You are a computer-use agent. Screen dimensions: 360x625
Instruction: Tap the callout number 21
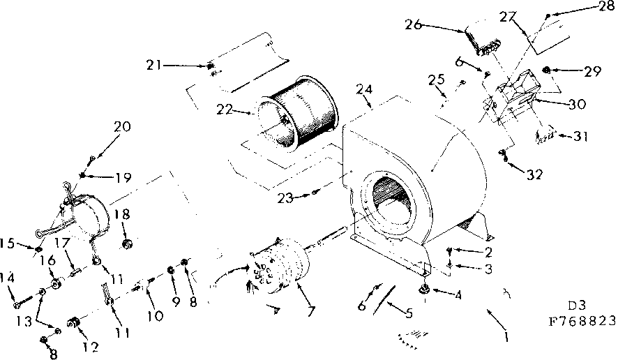tap(155, 66)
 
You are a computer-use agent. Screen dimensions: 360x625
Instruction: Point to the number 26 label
tap(414, 26)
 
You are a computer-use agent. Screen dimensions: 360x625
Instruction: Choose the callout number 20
tap(122, 127)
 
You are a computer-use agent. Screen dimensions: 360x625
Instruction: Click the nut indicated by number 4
tap(423, 290)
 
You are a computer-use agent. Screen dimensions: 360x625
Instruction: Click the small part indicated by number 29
tap(548, 70)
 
